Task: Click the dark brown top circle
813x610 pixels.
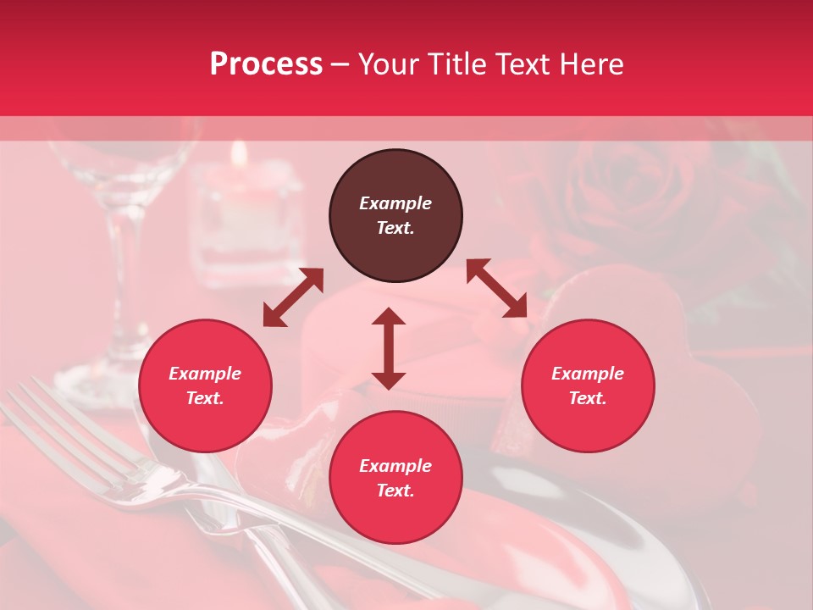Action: (x=395, y=216)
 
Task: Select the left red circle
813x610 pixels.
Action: (x=205, y=386)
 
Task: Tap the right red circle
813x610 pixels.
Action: (x=588, y=386)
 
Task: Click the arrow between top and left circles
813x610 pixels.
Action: (x=293, y=297)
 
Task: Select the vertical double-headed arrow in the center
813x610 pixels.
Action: (x=389, y=348)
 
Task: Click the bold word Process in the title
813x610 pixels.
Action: (x=266, y=64)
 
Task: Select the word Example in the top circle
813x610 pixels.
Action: (x=395, y=203)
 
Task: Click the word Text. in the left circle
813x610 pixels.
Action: (x=205, y=398)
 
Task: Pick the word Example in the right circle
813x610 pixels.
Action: (x=588, y=374)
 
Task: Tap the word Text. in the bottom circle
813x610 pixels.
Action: (x=395, y=491)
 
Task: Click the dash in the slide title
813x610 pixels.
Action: (x=340, y=64)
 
